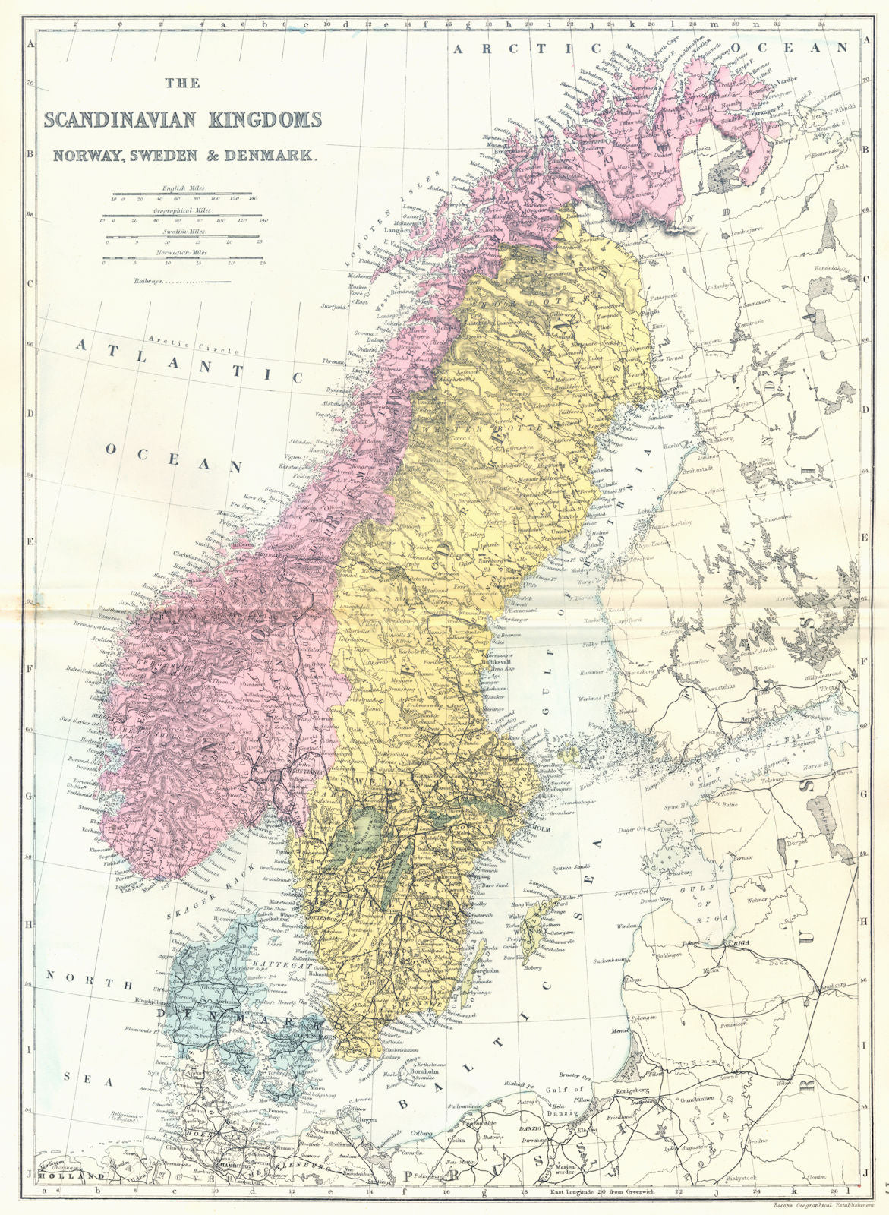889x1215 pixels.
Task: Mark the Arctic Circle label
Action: coord(173,341)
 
